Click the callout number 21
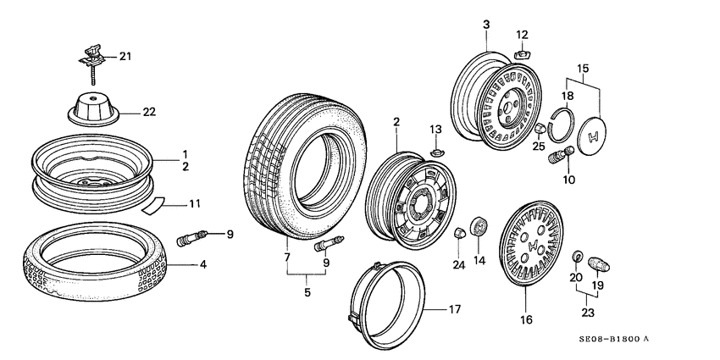[125, 57]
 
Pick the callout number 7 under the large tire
[286, 256]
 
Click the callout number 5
[307, 293]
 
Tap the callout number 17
[454, 310]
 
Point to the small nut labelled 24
[459, 232]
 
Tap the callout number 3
[486, 25]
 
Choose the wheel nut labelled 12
[520, 53]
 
